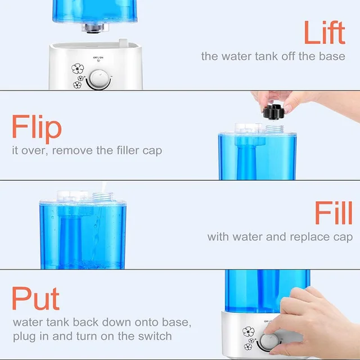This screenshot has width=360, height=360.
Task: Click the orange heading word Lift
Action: point(325,33)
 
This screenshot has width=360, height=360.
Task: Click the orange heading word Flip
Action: point(37,129)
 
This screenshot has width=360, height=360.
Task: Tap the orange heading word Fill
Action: point(334,213)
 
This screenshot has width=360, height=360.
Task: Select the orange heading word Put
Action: point(35,298)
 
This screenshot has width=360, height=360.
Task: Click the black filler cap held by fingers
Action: point(274,112)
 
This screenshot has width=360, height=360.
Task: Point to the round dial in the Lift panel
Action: point(99,79)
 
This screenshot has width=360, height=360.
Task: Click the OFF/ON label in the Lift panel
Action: point(98,57)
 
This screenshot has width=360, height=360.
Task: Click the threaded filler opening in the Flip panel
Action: point(275,129)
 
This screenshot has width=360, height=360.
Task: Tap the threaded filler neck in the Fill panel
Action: point(103,197)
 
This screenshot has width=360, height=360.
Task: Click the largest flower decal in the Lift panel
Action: point(78,69)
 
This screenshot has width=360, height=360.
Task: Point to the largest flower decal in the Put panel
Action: point(249,331)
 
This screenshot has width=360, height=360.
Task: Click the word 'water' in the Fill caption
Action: point(247,237)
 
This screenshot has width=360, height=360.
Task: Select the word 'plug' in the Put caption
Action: point(25,337)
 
